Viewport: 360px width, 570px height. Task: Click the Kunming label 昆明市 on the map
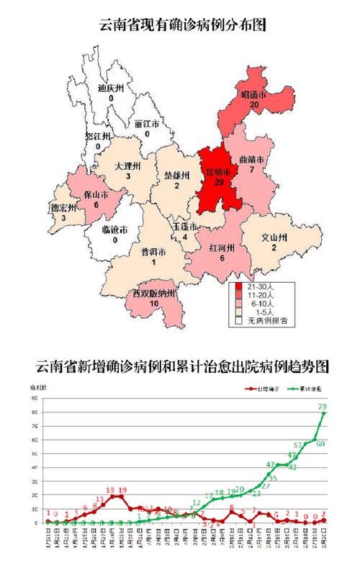[217, 173]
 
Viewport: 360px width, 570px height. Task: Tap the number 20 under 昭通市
[254, 105]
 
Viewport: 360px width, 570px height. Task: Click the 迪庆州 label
[112, 89]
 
